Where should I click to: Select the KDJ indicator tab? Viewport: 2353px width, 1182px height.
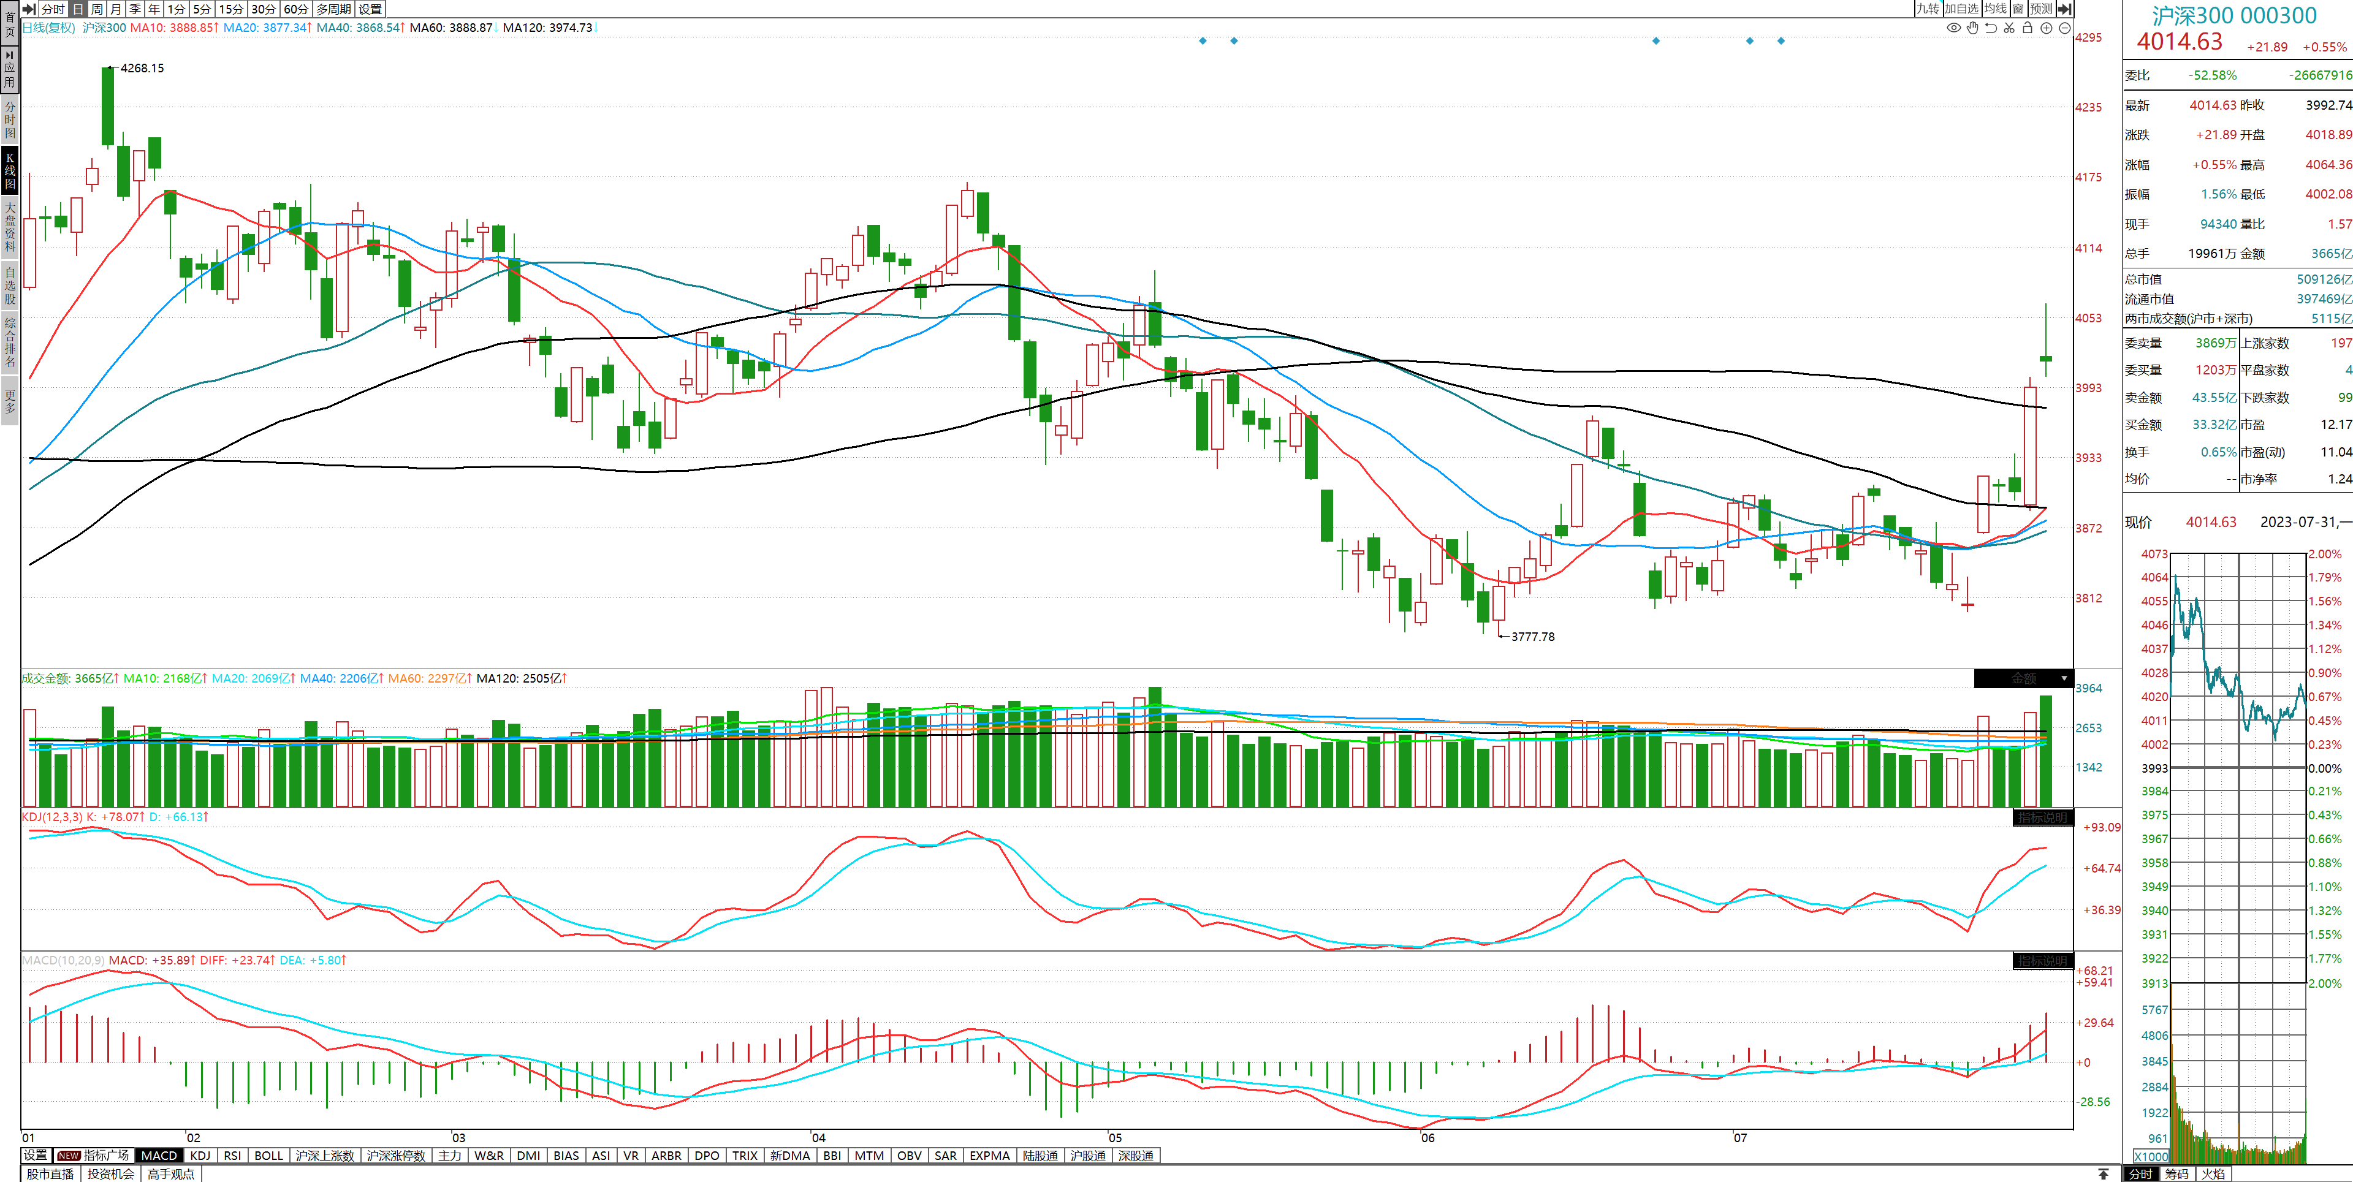200,1156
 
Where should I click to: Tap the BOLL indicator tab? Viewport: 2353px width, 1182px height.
268,1156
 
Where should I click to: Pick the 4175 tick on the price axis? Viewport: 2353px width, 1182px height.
2088,177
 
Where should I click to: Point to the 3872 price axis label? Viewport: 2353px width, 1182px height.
2088,528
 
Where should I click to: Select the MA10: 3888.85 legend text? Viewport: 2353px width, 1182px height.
173,28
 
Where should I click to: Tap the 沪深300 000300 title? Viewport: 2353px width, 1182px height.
2234,15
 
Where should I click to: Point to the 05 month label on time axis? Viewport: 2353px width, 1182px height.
1116,1138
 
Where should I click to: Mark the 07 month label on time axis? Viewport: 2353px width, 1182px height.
1740,1138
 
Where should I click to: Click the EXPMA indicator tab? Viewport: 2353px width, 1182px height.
989,1156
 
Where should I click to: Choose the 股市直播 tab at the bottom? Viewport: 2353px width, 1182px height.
50,1174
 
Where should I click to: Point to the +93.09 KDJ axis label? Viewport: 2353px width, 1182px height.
2102,828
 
